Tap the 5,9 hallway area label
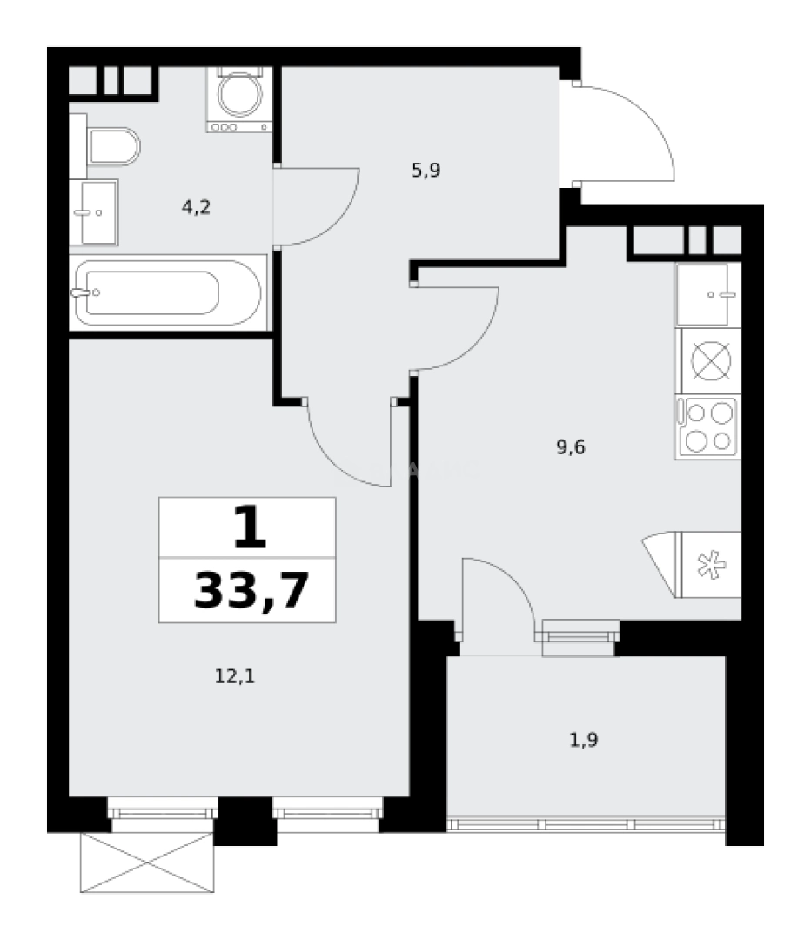pos(426,171)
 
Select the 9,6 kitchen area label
pos(571,448)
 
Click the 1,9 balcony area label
pos(585,741)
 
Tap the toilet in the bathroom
pos(114,147)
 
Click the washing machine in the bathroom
pos(238,97)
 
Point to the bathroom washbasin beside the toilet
pos(93,211)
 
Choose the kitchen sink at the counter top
pos(707,294)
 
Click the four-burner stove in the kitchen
pos(707,426)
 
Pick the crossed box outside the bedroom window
pos(146,863)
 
